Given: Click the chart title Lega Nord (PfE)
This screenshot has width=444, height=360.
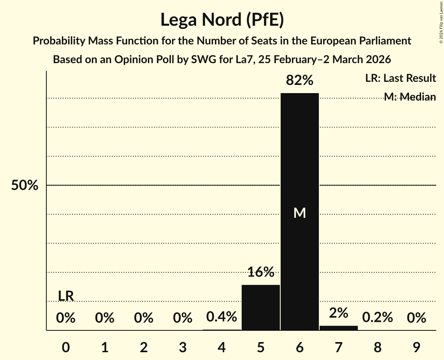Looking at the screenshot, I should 222,20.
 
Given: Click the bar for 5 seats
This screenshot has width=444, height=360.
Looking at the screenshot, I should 261,307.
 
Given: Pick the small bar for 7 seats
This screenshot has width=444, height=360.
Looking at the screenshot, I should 338,328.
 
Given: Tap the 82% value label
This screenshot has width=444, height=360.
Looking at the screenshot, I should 299,80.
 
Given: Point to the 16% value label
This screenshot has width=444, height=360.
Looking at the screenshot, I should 261,272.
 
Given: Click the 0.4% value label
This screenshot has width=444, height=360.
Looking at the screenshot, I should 222,317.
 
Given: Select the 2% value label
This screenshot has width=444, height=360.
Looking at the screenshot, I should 338,312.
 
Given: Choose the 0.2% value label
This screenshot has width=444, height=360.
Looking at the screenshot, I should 377,318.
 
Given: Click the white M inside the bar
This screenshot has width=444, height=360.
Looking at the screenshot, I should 299,213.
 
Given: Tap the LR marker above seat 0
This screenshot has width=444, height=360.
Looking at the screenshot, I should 66,296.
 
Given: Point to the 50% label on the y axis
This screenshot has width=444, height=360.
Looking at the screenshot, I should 25,185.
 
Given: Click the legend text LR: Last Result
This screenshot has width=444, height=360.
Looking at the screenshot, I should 400,78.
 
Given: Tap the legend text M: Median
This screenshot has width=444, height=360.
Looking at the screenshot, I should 410,97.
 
